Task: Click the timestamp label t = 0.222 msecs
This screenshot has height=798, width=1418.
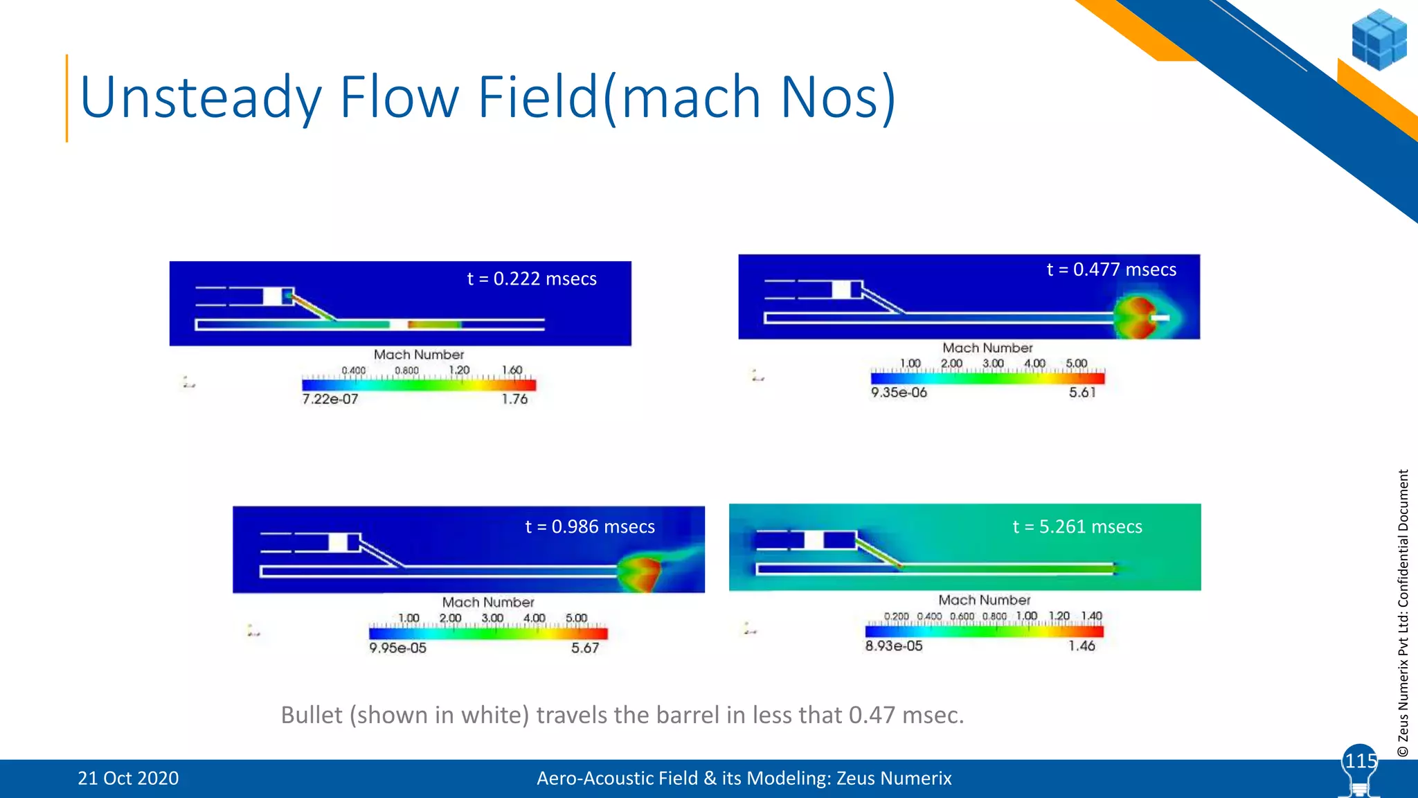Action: [x=532, y=278]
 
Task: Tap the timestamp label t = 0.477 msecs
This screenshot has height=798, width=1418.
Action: [x=1111, y=269]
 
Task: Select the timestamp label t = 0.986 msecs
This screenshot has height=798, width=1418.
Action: [x=590, y=526]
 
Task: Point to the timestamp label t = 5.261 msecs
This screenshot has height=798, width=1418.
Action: [x=1077, y=526]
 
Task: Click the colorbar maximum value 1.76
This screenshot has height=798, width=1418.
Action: [x=514, y=399]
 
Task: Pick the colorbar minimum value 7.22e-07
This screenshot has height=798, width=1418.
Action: [x=330, y=399]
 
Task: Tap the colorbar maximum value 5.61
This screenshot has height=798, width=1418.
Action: [x=1082, y=393]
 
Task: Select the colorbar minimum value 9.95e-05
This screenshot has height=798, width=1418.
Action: [x=397, y=648]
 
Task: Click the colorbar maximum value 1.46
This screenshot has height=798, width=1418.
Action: [x=1082, y=646]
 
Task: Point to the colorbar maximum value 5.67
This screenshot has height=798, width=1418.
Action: [x=585, y=648]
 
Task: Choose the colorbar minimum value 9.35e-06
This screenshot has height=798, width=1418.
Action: [x=899, y=393]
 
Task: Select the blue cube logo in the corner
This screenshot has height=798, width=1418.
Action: [x=1379, y=39]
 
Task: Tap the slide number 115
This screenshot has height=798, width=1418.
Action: [x=1361, y=761]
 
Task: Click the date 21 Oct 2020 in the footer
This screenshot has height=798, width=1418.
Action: [x=128, y=779]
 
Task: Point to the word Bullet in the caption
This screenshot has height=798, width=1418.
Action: [x=312, y=715]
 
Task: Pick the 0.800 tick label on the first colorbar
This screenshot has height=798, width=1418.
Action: [x=406, y=371]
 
